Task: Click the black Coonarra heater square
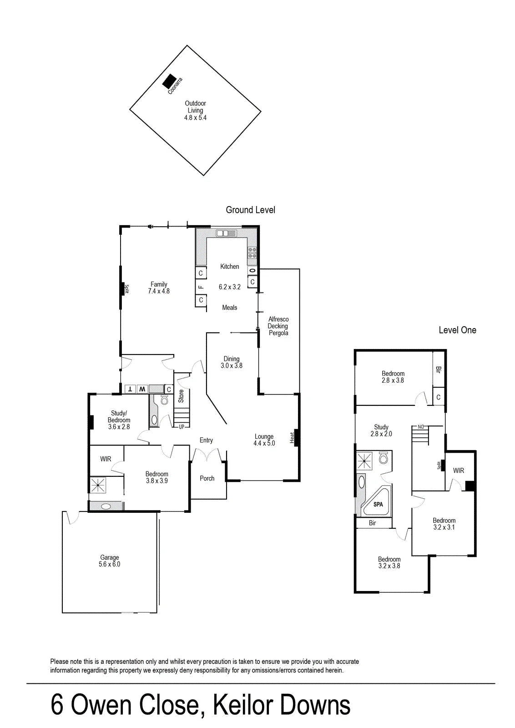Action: click(169, 81)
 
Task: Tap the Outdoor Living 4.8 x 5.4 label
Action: click(195, 111)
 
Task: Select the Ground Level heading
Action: click(251, 210)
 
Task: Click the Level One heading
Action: click(458, 330)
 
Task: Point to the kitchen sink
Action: click(226, 233)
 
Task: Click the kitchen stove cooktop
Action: click(252, 252)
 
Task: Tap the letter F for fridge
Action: click(201, 287)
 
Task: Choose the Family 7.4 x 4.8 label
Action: click(159, 288)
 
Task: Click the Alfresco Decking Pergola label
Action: click(278, 326)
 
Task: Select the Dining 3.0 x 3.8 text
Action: click(232, 362)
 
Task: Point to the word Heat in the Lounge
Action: click(292, 437)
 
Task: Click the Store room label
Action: click(181, 396)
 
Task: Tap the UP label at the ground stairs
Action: click(182, 427)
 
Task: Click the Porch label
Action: click(207, 478)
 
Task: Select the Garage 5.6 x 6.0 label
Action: click(110, 561)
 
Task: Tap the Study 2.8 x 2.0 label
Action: click(381, 430)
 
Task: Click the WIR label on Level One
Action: click(459, 470)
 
